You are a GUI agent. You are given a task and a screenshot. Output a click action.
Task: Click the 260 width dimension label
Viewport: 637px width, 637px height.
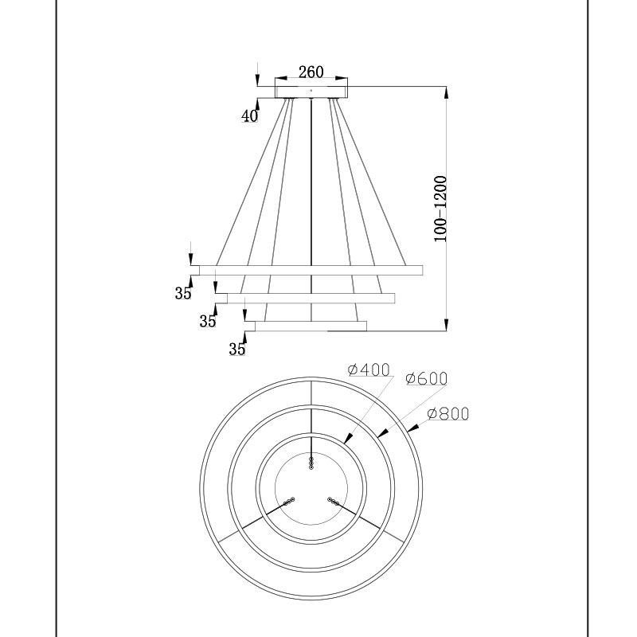click(311, 72)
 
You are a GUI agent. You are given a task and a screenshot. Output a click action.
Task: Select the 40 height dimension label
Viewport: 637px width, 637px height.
click(249, 116)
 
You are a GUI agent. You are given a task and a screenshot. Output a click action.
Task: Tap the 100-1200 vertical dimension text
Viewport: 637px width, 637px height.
click(440, 209)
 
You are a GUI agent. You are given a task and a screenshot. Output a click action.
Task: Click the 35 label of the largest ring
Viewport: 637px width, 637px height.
click(183, 293)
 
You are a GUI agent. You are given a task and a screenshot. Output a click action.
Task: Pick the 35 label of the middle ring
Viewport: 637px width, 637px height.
click(208, 322)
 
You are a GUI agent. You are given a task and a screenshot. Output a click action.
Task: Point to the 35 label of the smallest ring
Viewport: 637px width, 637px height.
click(237, 349)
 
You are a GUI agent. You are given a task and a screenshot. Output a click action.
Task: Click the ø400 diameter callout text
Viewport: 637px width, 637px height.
click(369, 369)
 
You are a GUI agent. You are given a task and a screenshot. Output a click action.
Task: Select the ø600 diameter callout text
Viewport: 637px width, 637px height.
click(427, 379)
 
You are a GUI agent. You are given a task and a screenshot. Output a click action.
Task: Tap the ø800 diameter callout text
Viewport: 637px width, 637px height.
click(448, 413)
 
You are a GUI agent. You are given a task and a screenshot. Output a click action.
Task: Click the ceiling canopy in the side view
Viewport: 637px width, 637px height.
click(311, 92)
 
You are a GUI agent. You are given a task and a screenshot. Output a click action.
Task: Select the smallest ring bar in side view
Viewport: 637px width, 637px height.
click(311, 326)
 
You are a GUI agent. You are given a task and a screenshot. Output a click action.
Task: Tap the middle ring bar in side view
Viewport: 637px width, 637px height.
click(311, 298)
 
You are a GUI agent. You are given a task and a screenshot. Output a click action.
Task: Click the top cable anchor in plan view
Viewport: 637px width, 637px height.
click(311, 463)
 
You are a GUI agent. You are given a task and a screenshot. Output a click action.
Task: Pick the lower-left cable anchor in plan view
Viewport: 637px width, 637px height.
click(289, 502)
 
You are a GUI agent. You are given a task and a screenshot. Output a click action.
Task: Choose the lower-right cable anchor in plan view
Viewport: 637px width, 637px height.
click(333, 502)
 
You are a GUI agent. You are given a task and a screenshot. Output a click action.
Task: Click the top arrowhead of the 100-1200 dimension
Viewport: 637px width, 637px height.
click(446, 92)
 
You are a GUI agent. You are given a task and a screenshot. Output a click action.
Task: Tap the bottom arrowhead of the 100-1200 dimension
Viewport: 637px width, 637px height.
click(446, 325)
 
